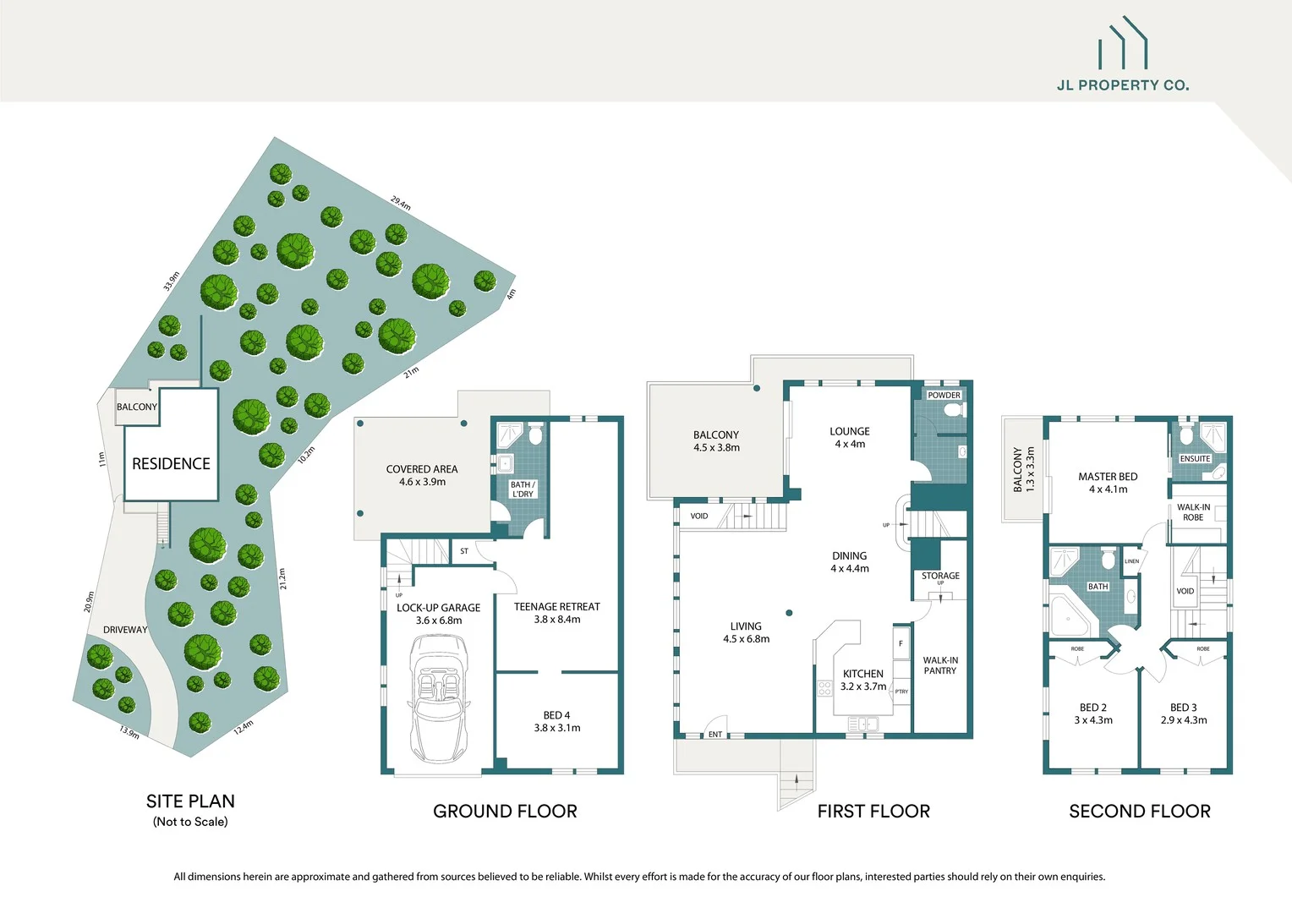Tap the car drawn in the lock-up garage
tap(438, 698)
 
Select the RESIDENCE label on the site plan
tap(171, 464)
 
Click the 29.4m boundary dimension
tap(401, 204)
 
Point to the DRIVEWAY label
tap(125, 630)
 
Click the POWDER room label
tap(944, 396)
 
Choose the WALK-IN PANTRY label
tap(939, 665)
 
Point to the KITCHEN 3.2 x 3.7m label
tap(862, 680)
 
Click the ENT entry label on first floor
tap(715, 735)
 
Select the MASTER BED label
tap(1108, 483)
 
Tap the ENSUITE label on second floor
tap(1195, 459)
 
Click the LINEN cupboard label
tap(1131, 561)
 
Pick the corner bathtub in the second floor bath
tap(1069, 619)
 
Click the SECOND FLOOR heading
tap(1139, 812)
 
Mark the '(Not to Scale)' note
tap(190, 822)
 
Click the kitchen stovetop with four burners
tap(824, 688)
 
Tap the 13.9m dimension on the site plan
tap(129, 732)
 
